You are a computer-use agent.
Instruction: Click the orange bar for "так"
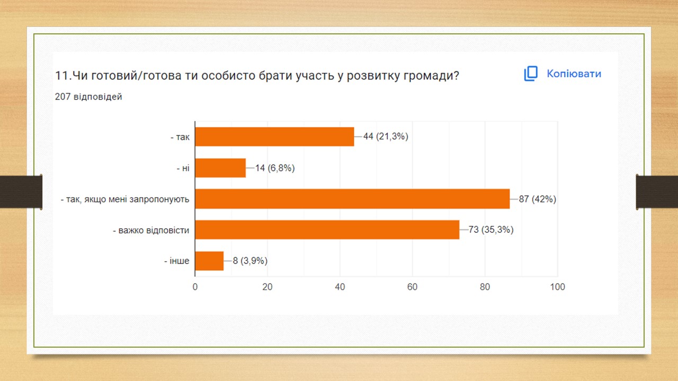point(274,137)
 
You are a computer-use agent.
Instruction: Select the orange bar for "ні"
point(220,168)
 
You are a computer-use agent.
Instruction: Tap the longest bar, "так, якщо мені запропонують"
point(352,199)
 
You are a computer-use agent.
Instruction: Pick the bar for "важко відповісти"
point(327,230)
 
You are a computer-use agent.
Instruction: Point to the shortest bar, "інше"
point(209,261)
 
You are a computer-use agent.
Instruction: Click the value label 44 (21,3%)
point(386,137)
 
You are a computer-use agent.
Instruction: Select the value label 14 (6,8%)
point(275,168)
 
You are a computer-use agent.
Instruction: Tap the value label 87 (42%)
point(538,199)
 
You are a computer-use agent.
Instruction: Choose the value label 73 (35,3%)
point(491,230)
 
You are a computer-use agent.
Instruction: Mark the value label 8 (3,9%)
point(250,261)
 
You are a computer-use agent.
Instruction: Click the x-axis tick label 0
point(195,287)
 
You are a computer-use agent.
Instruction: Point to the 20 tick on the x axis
point(267,287)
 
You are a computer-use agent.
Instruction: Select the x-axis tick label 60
point(412,287)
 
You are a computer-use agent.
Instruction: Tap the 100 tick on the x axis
point(557,287)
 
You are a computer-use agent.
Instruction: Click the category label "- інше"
point(177,261)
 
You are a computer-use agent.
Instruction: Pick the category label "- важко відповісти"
point(151,230)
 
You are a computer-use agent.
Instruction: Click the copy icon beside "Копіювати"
point(531,74)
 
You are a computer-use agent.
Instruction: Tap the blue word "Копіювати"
point(574,74)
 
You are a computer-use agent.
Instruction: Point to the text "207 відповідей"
point(88,97)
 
